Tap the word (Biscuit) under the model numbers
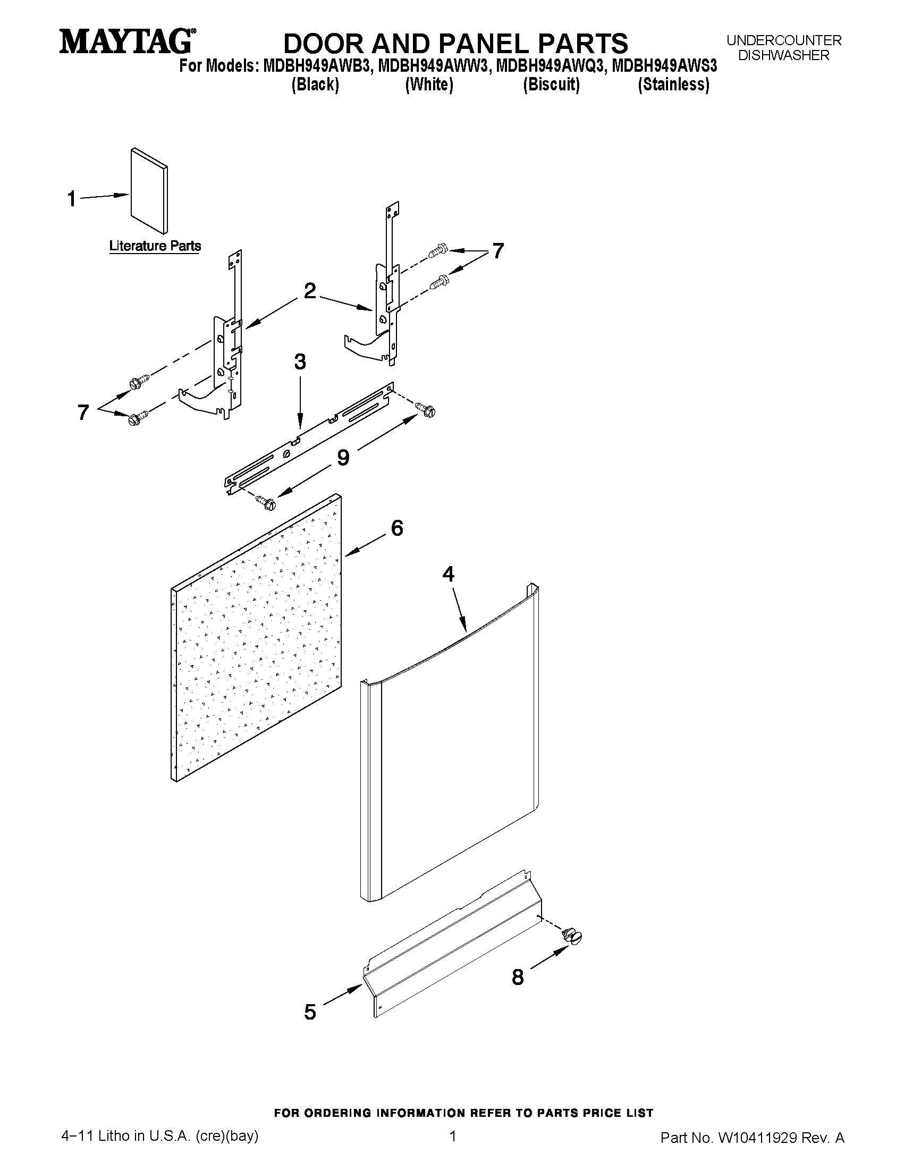(551, 85)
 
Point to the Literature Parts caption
(155, 246)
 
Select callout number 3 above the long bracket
(300, 361)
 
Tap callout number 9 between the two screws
(343, 457)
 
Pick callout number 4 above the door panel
(448, 574)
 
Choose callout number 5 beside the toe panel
(310, 1012)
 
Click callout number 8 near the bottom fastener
(517, 977)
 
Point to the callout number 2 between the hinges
(309, 291)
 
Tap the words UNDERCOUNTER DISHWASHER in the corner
(783, 48)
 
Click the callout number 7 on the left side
(83, 412)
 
